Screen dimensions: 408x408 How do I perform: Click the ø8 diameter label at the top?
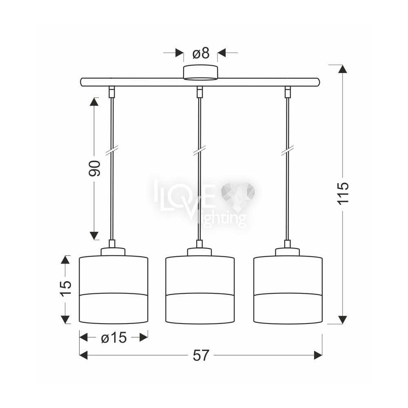(x=201, y=53)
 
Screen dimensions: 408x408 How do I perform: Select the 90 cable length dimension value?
(x=95, y=169)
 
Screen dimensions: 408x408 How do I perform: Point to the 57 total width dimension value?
(x=201, y=355)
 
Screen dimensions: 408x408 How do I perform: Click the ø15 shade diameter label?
(x=114, y=338)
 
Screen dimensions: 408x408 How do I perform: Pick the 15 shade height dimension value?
(x=66, y=288)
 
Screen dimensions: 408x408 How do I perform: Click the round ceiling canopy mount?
(x=200, y=72)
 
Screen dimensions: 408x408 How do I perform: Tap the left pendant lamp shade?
(x=113, y=290)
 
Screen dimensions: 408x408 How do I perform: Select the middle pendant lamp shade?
(x=200, y=290)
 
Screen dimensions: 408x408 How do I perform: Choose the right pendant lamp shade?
(x=288, y=290)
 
